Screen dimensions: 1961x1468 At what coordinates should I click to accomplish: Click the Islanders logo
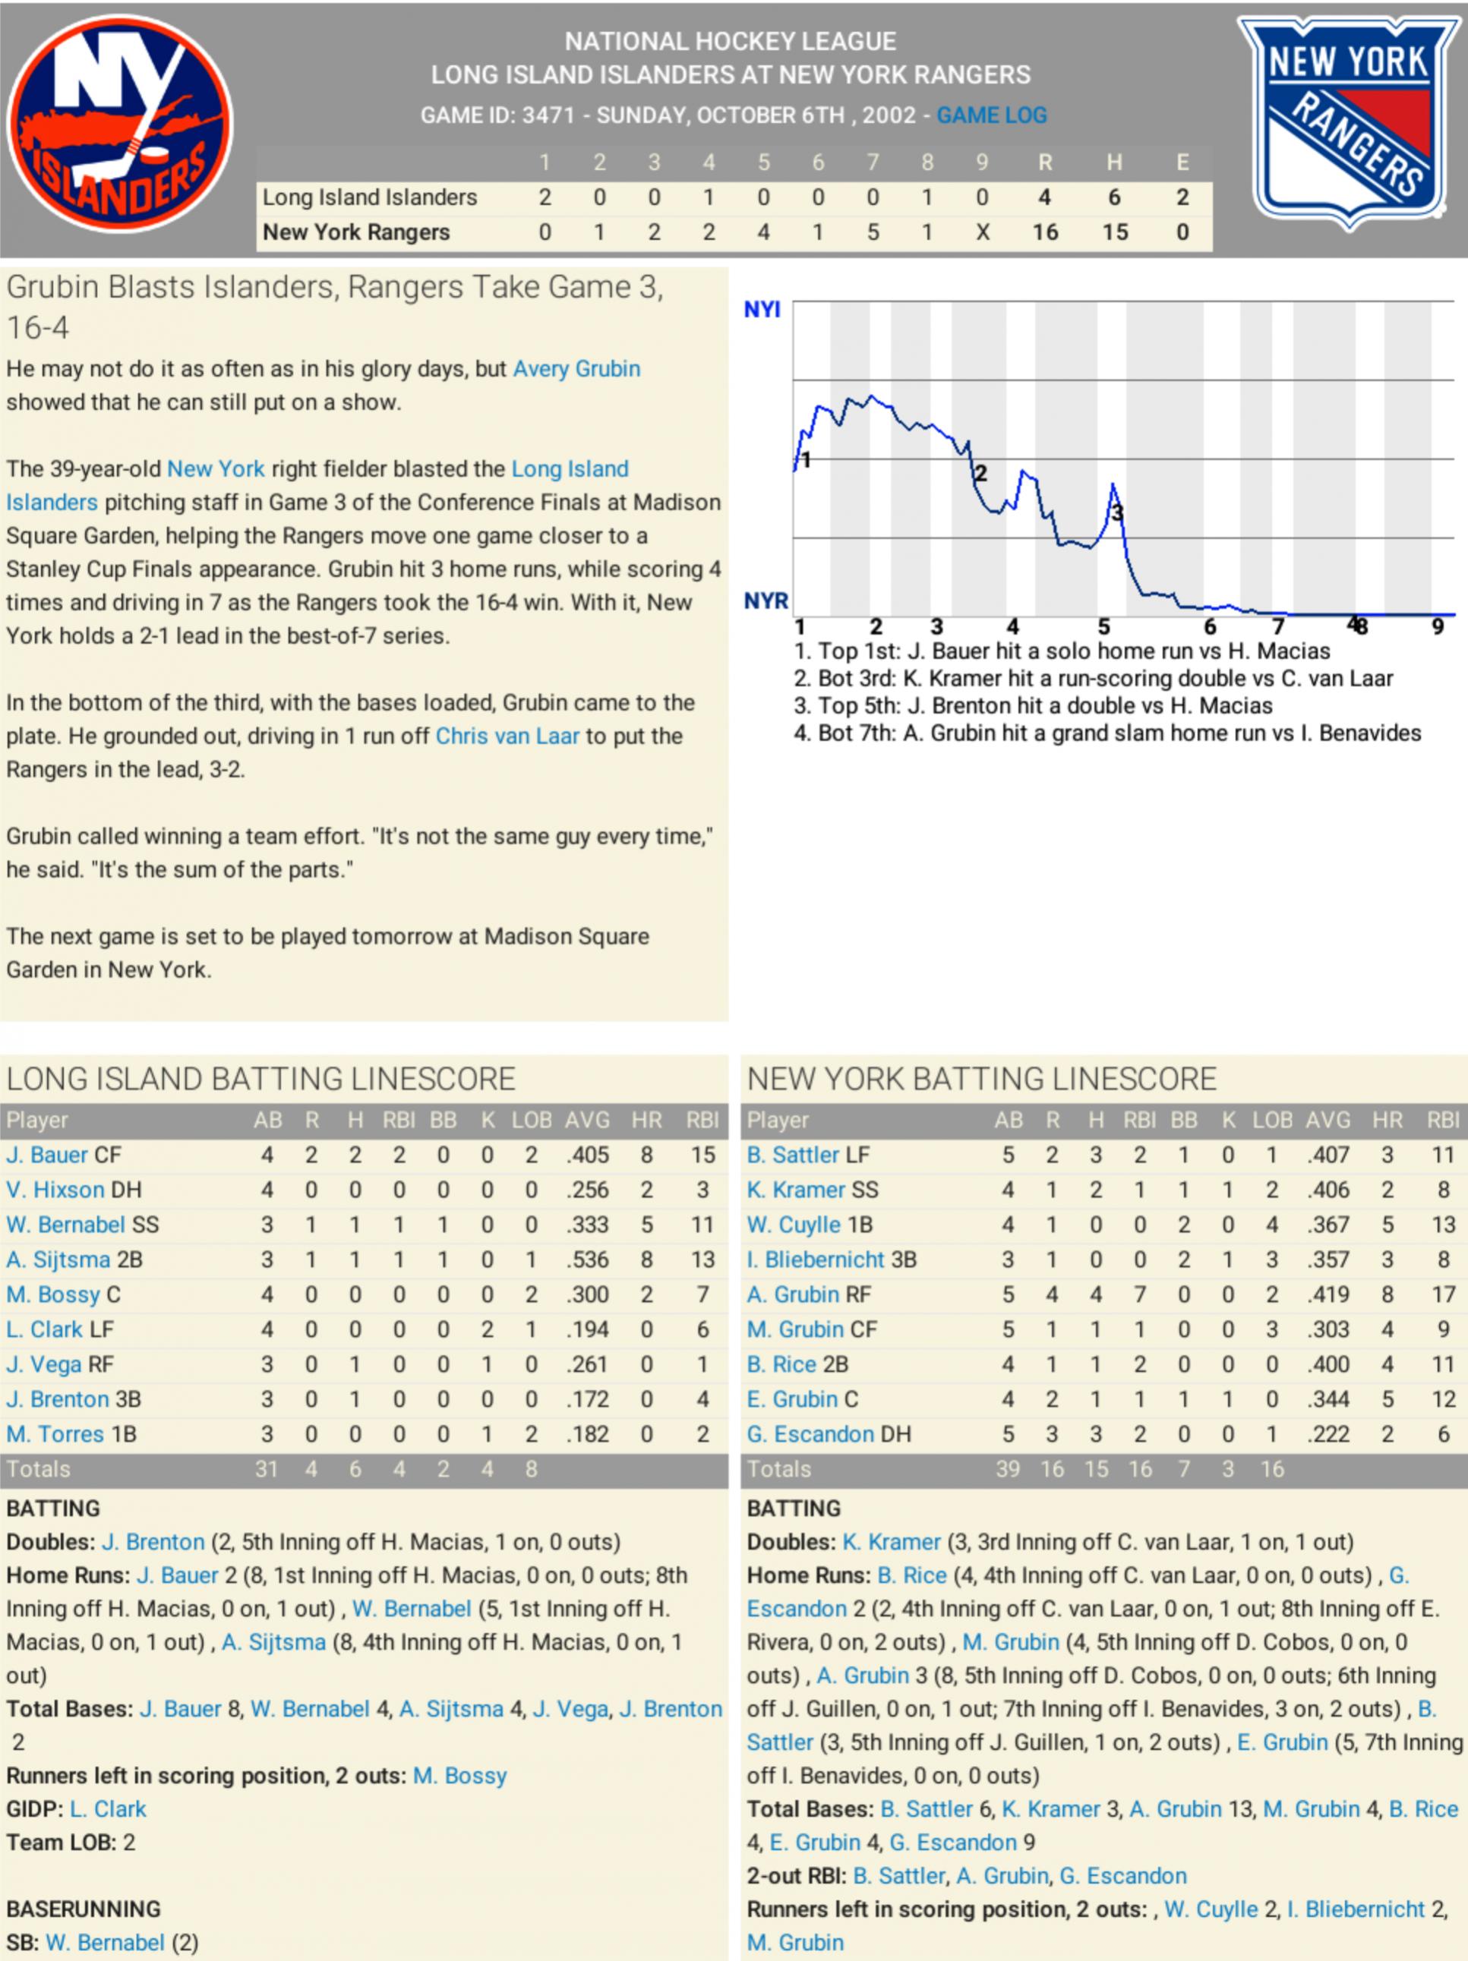click(120, 124)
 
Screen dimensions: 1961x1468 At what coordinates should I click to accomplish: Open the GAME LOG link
click(992, 115)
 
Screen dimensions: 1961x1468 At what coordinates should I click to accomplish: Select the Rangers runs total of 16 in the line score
click(1045, 232)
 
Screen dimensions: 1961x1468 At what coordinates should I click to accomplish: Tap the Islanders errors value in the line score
click(1182, 197)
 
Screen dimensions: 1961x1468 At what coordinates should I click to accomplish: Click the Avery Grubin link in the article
click(576, 369)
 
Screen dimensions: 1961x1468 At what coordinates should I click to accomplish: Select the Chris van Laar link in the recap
click(507, 736)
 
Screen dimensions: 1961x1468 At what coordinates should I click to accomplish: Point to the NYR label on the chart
click(766, 601)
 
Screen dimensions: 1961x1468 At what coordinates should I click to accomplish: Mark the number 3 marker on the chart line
click(1118, 512)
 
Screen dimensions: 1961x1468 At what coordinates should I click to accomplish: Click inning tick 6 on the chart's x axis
click(1210, 627)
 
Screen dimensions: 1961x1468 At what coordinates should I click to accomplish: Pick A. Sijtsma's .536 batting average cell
click(587, 1260)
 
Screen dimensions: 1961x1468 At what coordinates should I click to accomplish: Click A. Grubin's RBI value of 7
click(1140, 1294)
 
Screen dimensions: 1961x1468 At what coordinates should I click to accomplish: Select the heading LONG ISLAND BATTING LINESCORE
click(260, 1079)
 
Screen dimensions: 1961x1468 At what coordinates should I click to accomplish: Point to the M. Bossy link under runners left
click(459, 1776)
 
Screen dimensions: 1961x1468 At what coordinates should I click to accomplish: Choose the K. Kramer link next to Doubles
click(891, 1542)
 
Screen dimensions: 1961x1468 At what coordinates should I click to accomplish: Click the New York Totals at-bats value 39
click(1008, 1469)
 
